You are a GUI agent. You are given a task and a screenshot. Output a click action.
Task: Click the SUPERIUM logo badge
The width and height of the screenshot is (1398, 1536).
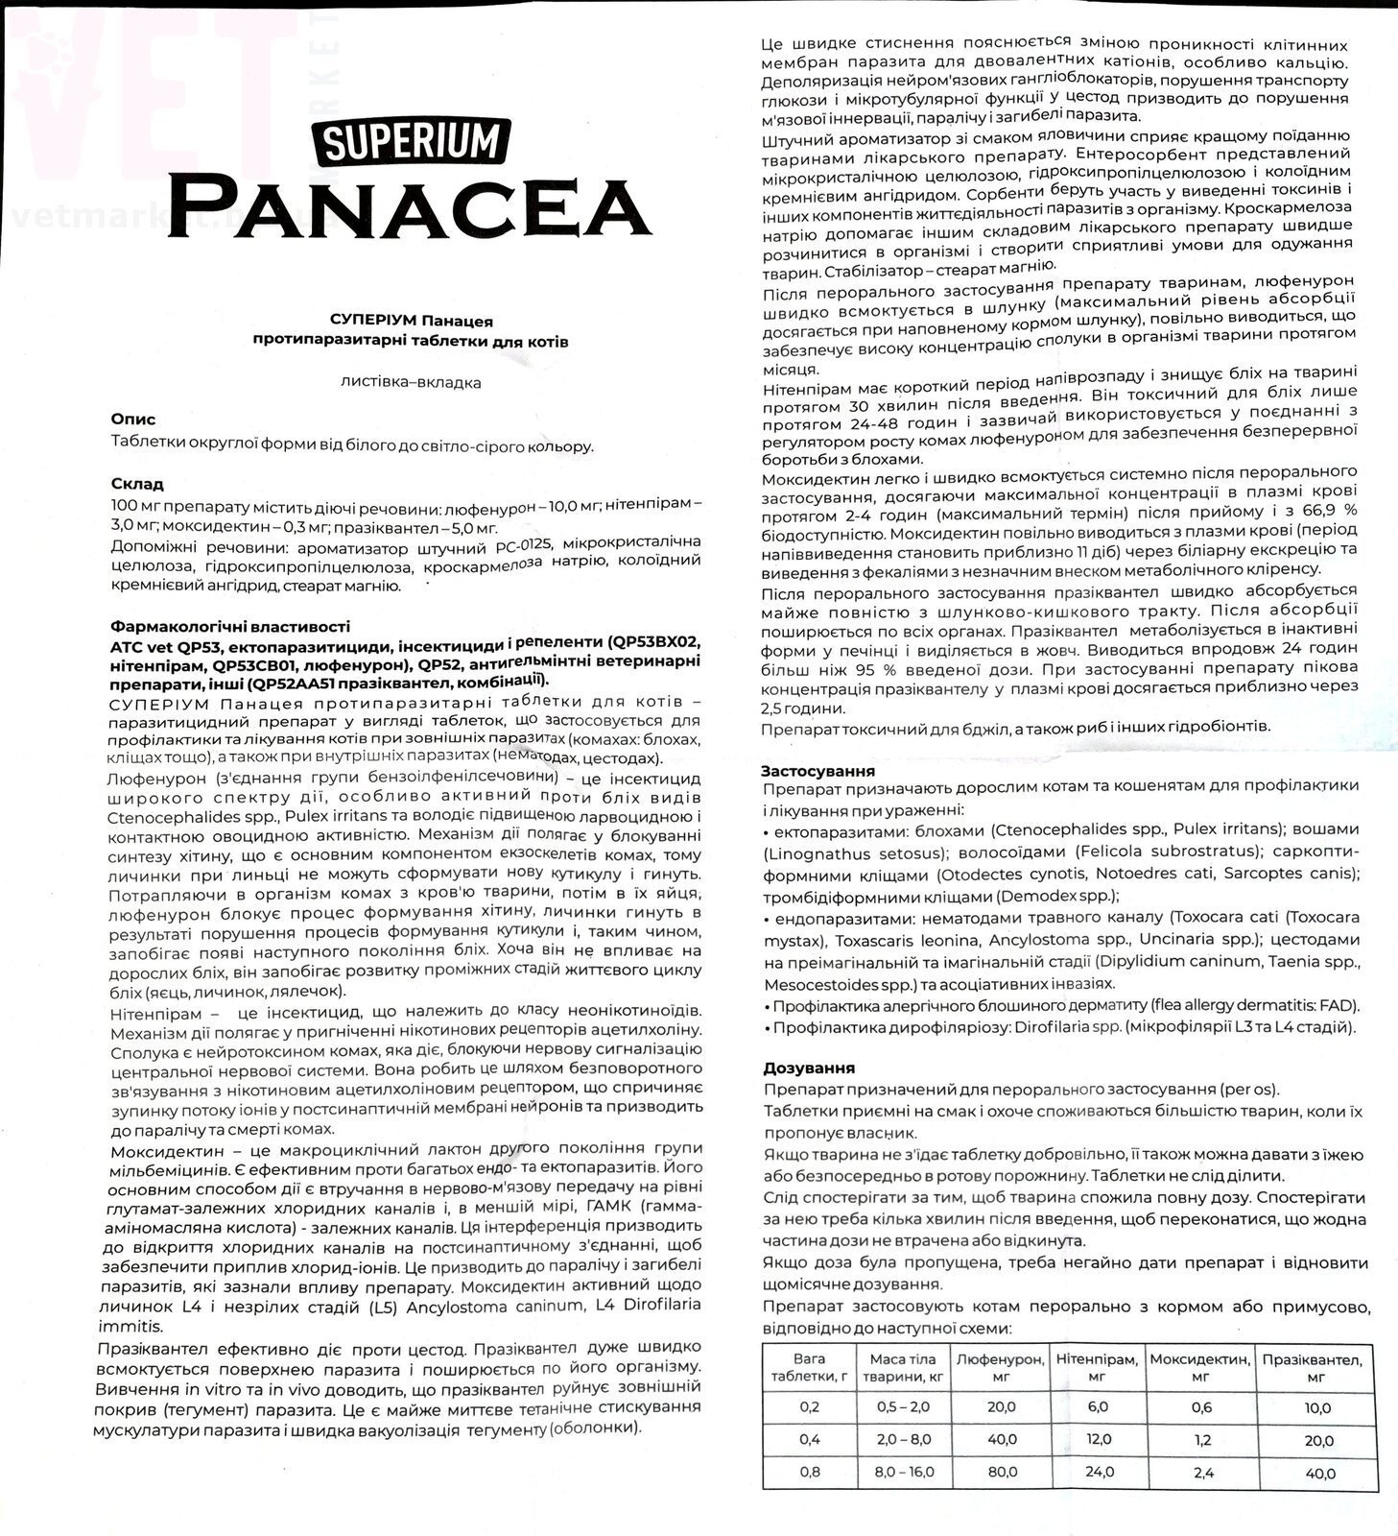[x=411, y=140]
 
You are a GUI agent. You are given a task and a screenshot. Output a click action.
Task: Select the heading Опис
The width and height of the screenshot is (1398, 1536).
[x=133, y=420]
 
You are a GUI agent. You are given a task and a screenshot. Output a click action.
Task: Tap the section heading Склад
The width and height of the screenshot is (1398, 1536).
[x=137, y=484]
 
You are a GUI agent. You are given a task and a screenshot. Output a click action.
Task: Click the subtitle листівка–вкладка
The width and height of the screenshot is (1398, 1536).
[x=411, y=382]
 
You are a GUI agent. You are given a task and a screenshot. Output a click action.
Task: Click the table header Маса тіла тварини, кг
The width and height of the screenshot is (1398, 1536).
[x=901, y=1368]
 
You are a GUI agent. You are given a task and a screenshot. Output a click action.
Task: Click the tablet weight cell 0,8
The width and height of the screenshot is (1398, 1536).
[x=810, y=1472]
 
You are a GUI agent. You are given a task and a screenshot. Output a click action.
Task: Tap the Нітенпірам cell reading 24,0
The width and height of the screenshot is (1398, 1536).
[x=1098, y=1472]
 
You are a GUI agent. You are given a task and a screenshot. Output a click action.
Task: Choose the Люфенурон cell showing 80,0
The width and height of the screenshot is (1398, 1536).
[x=999, y=1472]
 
